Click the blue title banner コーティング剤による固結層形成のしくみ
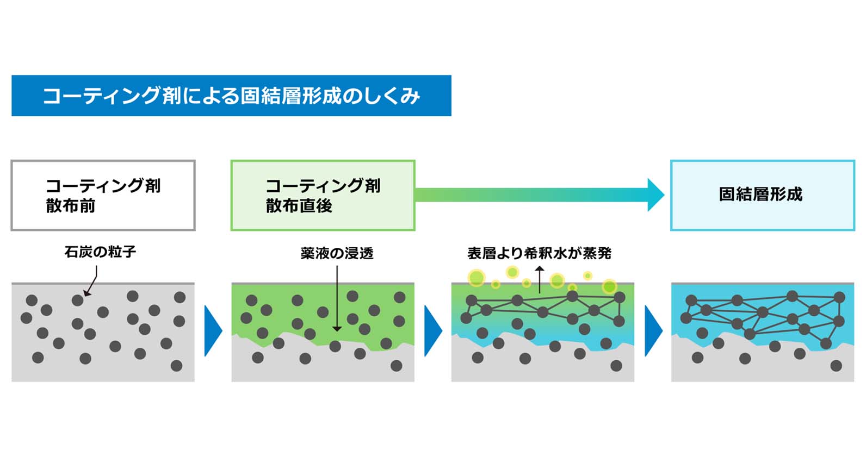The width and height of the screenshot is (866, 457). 231,96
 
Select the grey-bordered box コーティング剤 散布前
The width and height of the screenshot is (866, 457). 103,196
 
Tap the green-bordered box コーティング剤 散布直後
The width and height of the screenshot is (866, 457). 323,196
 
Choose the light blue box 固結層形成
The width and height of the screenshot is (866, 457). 762,196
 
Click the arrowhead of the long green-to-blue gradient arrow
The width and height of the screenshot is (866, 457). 655,195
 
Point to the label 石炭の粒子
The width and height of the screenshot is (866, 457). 100,252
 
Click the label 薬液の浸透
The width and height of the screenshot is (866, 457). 337,253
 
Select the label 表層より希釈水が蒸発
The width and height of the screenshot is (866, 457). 539,253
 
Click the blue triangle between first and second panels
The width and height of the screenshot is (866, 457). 213,330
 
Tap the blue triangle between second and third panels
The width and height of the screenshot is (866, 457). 433,330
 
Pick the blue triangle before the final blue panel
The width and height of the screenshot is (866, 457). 653,330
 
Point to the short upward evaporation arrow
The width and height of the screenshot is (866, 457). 540,279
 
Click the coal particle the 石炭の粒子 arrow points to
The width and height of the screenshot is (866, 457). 78,301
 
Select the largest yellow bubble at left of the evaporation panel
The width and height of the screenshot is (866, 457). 477,278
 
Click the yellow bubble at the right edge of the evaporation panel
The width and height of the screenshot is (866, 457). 609,286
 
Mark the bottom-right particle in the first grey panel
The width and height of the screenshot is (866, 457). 176,366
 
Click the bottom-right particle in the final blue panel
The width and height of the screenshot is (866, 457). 836,366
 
